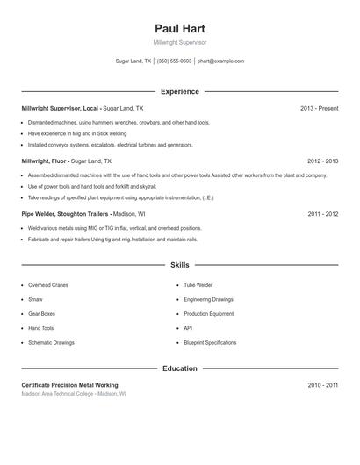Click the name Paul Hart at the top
[x=179, y=28]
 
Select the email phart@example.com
[x=220, y=61]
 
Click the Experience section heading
[x=179, y=91]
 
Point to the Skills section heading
[x=179, y=264]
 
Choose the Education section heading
[x=179, y=368]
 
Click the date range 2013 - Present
[x=319, y=108]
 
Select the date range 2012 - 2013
[x=322, y=161]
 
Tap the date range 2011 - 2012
[x=322, y=214]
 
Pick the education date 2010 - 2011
[x=322, y=385]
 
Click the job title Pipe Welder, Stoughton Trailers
[x=66, y=214]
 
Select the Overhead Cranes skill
[x=48, y=285]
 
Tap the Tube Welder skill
[x=198, y=285]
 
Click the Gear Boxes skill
[x=41, y=314]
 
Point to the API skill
[x=188, y=328]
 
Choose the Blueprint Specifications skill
[x=210, y=342]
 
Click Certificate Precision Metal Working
[x=69, y=385]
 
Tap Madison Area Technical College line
[x=74, y=395]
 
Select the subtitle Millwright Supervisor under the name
[x=179, y=42]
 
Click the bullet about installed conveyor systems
[x=111, y=145]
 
